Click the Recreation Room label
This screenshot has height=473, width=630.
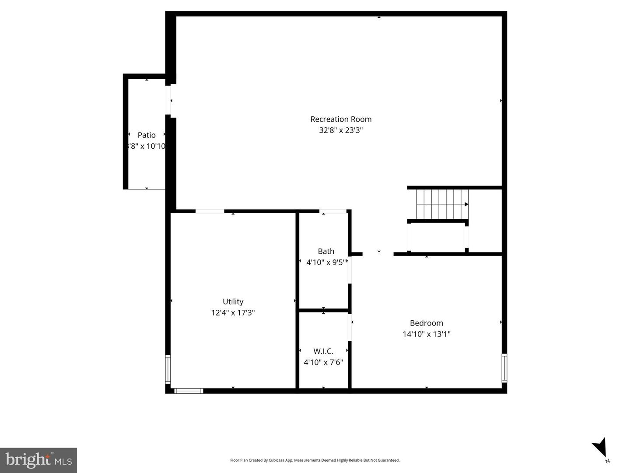point(341,119)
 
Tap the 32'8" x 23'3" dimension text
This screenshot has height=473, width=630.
point(341,130)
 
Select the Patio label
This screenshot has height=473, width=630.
point(147,135)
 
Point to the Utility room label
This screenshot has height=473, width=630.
point(233,301)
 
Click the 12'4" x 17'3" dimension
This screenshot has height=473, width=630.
point(233,312)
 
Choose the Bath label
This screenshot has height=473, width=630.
point(326,251)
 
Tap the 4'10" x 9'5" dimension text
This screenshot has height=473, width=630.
point(326,263)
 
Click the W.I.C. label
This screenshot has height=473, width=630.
point(323,351)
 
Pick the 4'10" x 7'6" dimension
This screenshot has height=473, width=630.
point(323,362)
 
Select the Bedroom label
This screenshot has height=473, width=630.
point(427,323)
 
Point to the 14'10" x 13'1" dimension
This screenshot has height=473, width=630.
point(427,334)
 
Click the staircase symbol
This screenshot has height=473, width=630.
point(442,204)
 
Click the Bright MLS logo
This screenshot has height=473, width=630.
point(38,460)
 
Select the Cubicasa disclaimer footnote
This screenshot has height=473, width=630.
point(315,460)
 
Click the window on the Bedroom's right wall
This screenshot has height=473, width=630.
point(504,368)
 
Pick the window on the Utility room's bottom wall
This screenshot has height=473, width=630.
point(189,391)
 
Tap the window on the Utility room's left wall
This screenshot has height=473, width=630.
point(168,370)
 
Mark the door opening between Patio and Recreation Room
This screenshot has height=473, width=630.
point(168,100)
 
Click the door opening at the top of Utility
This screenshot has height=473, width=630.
point(210,211)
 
